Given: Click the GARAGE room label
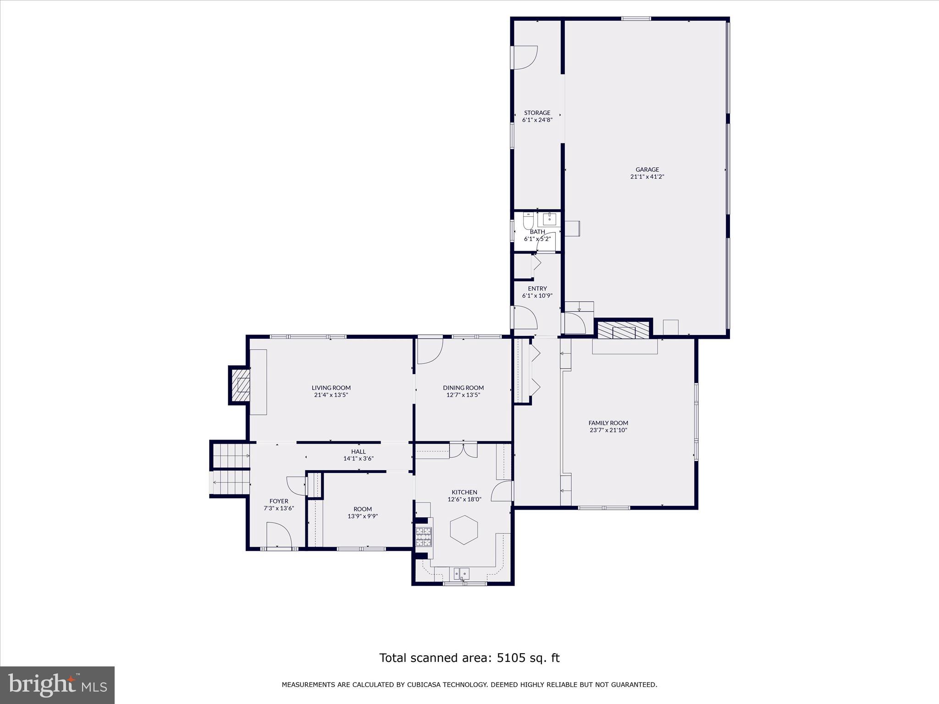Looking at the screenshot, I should (647, 170).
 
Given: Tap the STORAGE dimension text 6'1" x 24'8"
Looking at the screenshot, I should (537, 120).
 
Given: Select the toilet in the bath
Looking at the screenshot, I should (528, 222).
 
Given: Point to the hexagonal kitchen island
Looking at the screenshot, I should (464, 530).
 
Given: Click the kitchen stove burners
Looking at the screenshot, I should (423, 537).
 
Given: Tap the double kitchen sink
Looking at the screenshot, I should (461, 573).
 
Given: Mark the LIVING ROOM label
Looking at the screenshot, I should (331, 388).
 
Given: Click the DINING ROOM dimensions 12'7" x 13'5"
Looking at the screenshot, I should (463, 395).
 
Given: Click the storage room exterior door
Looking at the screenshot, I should (524, 57).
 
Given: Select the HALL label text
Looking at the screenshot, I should (358, 451).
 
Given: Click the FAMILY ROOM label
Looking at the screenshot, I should (608, 423).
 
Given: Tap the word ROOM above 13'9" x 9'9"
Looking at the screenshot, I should (362, 509).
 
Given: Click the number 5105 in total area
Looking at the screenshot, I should (510, 658).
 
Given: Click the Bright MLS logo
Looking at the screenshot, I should (57, 685).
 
